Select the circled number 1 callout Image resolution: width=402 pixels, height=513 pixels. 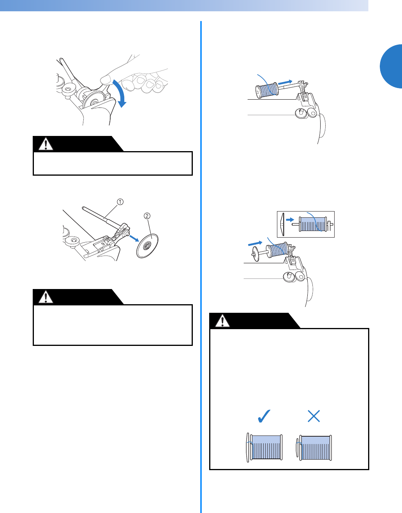(x=120, y=202)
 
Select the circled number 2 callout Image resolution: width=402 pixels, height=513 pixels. (x=147, y=216)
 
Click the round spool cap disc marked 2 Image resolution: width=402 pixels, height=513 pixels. (x=147, y=246)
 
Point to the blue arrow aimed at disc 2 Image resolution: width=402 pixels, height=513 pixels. (x=133, y=237)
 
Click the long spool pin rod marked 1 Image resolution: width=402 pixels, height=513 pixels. (x=99, y=217)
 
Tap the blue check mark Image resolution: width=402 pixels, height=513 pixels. (x=264, y=416)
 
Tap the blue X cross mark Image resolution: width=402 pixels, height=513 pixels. (x=314, y=416)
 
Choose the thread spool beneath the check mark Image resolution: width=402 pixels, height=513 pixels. (x=265, y=447)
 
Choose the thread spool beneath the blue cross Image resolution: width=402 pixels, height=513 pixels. (x=315, y=447)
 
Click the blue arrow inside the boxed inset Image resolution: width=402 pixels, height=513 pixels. (x=290, y=220)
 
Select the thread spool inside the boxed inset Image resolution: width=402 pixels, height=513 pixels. (x=313, y=224)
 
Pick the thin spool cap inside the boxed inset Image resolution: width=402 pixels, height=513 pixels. (x=282, y=224)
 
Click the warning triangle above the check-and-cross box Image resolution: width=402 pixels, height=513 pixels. (x=222, y=321)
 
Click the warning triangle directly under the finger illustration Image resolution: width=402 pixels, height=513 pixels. (x=46, y=144)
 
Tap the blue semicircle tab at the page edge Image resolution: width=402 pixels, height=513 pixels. (x=391, y=66)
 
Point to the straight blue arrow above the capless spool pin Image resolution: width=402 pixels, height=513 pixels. (x=285, y=82)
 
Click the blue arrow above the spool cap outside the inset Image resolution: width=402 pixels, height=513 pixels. (x=255, y=243)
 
